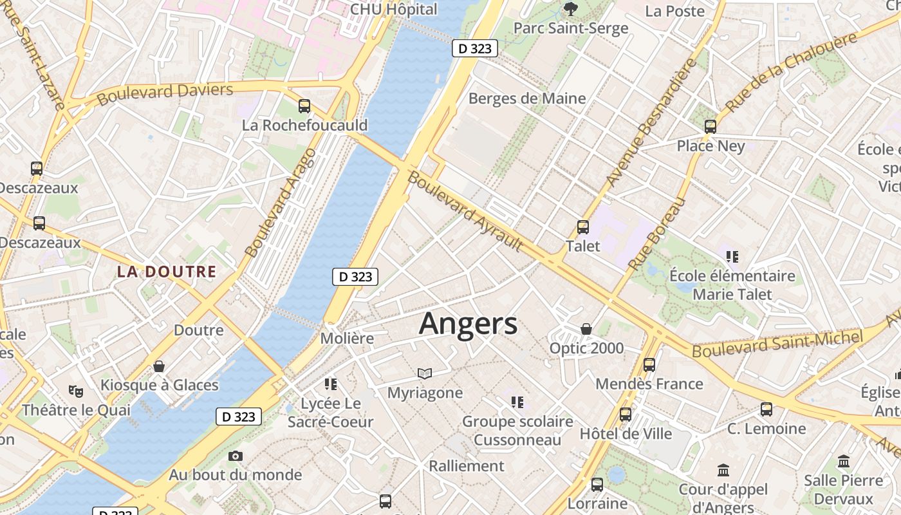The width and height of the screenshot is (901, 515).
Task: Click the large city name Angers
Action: [x=468, y=324]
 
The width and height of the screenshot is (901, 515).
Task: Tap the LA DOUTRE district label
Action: [x=166, y=272]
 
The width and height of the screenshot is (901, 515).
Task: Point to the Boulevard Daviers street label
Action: [x=165, y=94]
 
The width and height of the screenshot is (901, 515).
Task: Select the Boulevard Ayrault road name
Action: [x=465, y=211]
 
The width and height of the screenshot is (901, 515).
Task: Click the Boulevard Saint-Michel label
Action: [x=777, y=344]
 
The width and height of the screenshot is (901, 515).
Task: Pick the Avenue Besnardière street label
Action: [x=652, y=122]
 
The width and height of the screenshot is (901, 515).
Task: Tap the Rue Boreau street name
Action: [x=655, y=235]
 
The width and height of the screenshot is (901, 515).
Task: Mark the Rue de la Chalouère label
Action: [x=791, y=71]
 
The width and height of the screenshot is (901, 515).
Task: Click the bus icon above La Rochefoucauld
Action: [x=304, y=106]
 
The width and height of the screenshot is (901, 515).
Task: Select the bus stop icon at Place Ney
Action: [x=711, y=127]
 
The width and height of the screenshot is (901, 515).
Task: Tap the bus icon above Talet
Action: [x=583, y=227]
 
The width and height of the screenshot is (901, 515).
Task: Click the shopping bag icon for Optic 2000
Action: [x=586, y=329]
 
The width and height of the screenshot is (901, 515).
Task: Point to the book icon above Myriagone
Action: [x=425, y=373]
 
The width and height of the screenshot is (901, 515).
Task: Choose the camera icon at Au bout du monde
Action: [x=236, y=456]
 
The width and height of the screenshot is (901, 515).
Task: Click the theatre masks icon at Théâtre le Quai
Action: [x=76, y=391]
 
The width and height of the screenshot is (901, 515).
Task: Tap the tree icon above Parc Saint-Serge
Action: [x=570, y=9]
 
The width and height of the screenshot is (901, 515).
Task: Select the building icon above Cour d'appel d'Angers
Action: [x=723, y=471]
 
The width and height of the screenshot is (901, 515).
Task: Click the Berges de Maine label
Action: [x=527, y=98]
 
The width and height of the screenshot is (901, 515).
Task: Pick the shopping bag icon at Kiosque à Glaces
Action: [x=159, y=366]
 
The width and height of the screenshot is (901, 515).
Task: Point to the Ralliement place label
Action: [x=467, y=465]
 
